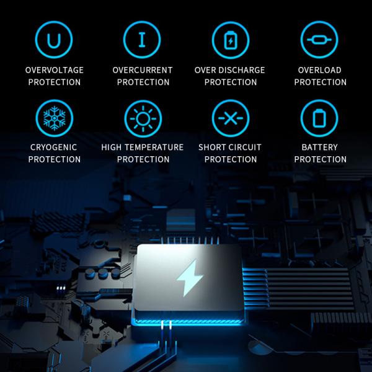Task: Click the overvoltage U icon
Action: coord(55,40)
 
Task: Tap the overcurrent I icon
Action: coord(143,40)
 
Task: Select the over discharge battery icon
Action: coord(231,40)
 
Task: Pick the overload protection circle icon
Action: coord(319,40)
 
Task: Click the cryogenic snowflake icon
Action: coord(55,118)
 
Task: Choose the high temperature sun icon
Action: coord(143,118)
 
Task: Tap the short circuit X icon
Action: coord(231,118)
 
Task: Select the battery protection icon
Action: coord(319,118)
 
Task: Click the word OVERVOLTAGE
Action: coord(55,70)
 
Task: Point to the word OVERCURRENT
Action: coord(143,70)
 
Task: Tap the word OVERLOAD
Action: coord(320,70)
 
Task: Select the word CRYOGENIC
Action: coord(55,148)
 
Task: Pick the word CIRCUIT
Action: coord(246,148)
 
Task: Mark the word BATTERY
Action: coord(320,148)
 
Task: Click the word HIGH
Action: coord(112,148)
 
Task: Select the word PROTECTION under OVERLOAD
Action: coord(320,82)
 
